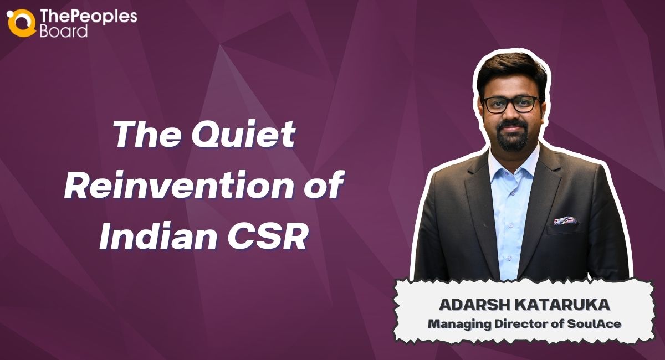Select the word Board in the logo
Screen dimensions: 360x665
click(x=64, y=31)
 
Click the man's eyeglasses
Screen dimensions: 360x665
click(x=510, y=104)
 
